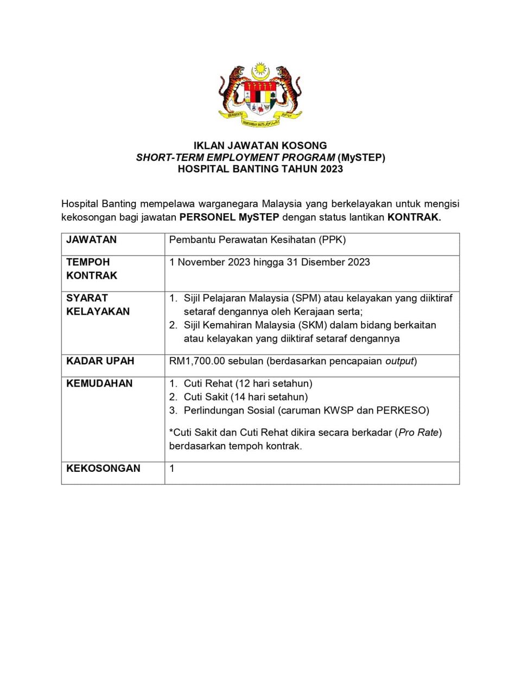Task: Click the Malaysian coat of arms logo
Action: click(260, 95)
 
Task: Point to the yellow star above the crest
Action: click(261, 69)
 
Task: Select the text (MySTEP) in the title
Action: click(361, 157)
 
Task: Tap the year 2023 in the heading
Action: click(331, 169)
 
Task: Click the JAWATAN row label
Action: click(91, 240)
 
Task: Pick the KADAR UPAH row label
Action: click(100, 361)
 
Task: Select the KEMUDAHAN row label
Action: click(99, 383)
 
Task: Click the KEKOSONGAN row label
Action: click(103, 468)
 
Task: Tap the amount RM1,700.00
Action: click(197, 361)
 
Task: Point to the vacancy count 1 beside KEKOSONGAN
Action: click(172, 468)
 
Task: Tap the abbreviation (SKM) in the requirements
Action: click(312, 325)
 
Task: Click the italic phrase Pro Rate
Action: click(418, 433)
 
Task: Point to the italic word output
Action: click(399, 361)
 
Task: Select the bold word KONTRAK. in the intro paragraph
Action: click(414, 217)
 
